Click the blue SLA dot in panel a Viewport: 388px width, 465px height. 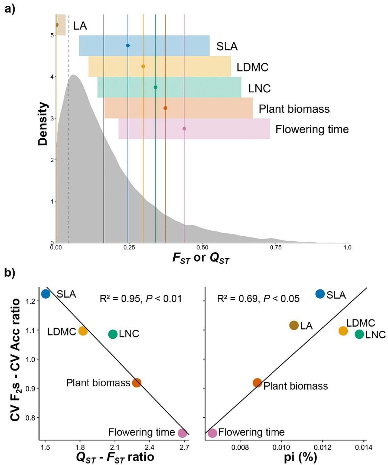(x=128, y=45)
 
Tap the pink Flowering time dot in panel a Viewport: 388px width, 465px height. (x=184, y=129)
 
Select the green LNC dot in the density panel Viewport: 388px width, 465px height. (x=156, y=87)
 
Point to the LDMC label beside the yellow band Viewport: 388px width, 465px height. (x=253, y=67)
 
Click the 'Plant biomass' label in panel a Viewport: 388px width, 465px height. (x=294, y=109)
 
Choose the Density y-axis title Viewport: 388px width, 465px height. (x=43, y=124)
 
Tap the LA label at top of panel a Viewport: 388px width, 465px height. (x=80, y=26)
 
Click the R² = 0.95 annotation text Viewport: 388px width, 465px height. (x=140, y=299)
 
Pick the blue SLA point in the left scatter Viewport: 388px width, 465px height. (x=46, y=294)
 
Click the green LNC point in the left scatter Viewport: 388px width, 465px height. (x=113, y=334)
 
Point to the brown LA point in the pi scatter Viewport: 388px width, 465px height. (x=294, y=325)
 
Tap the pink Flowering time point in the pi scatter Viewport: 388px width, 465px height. (x=212, y=433)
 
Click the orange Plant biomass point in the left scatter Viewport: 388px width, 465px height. (x=137, y=383)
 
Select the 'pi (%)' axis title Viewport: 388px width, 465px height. (x=300, y=457)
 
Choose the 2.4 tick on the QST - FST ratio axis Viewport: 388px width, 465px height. (x=149, y=447)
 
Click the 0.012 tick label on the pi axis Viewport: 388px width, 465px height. (x=322, y=447)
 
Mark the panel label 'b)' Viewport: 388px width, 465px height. (x=10, y=273)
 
